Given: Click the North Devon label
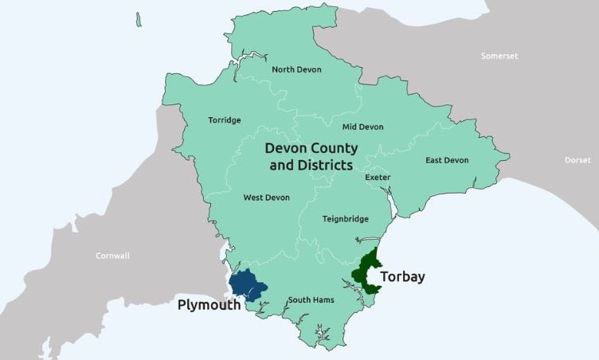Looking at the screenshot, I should click(x=296, y=69).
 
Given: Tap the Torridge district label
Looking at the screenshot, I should click(x=224, y=120).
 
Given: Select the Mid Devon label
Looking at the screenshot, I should click(x=362, y=127).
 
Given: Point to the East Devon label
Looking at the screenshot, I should click(x=447, y=160).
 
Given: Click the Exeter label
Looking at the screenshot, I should click(x=378, y=177).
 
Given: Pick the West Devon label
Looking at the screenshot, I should click(x=266, y=198).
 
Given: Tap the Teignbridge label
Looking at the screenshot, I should click(x=344, y=218).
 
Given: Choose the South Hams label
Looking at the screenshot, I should click(x=311, y=299).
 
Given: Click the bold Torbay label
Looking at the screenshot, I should click(x=402, y=277).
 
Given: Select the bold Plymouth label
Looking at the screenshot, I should click(x=209, y=305).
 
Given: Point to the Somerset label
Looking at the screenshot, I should click(x=499, y=56).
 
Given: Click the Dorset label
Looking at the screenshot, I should click(x=577, y=160).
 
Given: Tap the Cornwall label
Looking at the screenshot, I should click(x=112, y=256).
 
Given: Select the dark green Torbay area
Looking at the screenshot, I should click(x=367, y=271).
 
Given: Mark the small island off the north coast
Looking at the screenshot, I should click(x=139, y=18).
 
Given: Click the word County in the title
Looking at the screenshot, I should click(x=331, y=149).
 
